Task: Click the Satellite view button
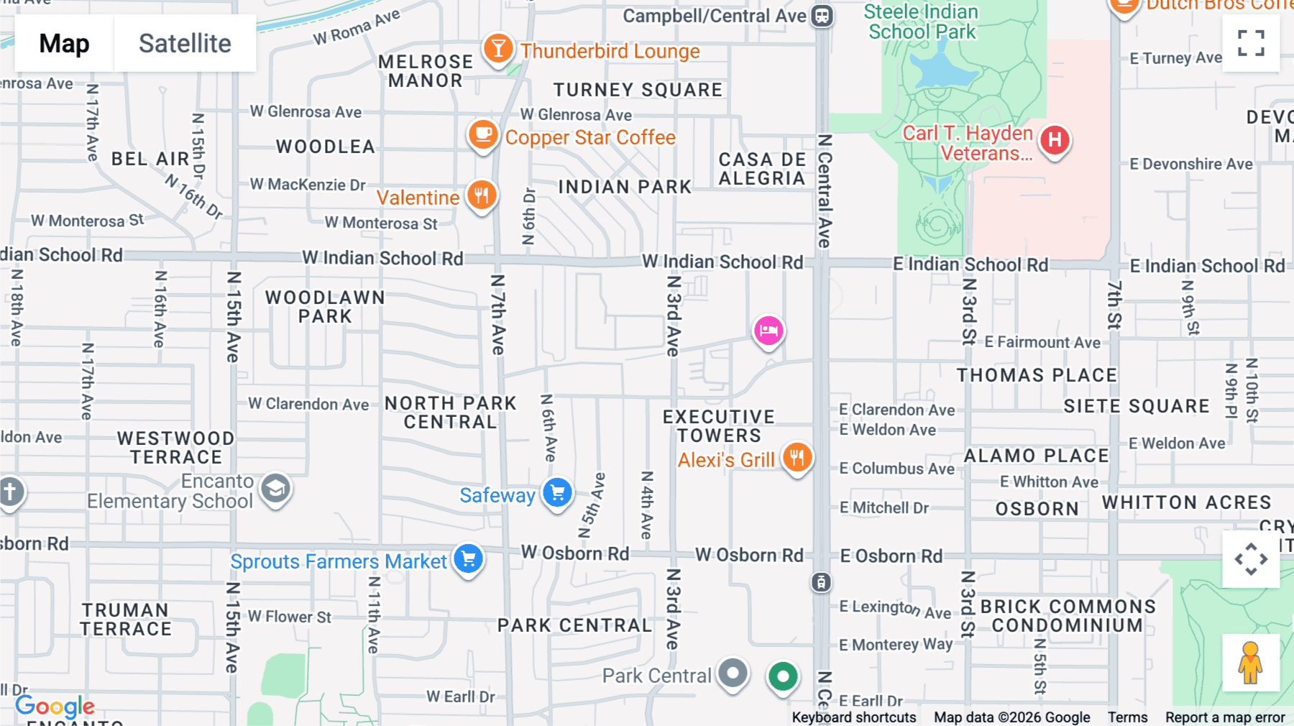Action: (x=185, y=44)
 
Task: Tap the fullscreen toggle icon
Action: (x=1251, y=43)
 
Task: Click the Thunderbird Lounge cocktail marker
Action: (x=497, y=49)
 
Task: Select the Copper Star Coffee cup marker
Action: (x=483, y=134)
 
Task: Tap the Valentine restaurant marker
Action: (x=482, y=195)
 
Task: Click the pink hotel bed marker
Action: (x=768, y=331)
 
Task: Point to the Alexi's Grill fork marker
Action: (x=797, y=457)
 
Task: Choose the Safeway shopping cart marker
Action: (x=557, y=493)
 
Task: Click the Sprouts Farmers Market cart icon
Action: (x=469, y=559)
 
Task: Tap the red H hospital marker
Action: (x=1055, y=139)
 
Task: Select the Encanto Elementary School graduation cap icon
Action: (x=275, y=489)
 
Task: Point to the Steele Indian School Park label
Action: (x=922, y=22)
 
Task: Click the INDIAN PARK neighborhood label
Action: (x=625, y=188)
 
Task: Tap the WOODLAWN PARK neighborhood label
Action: (x=325, y=307)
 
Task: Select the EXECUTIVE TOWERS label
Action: (x=719, y=426)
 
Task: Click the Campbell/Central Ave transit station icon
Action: (x=822, y=16)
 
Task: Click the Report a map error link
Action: (x=1225, y=717)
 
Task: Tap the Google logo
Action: (x=55, y=707)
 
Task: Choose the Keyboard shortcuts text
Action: (x=854, y=717)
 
